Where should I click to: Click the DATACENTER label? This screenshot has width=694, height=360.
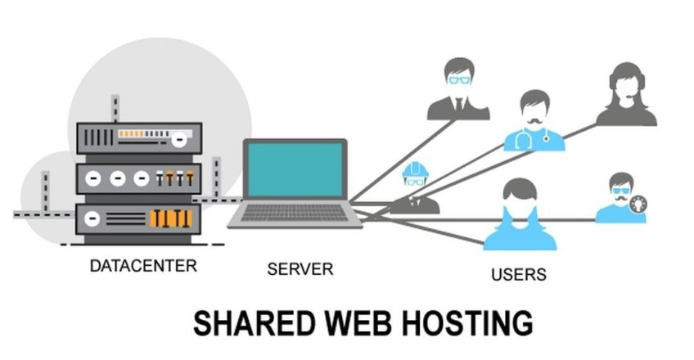click(x=143, y=266)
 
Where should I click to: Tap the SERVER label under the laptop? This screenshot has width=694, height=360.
click(x=300, y=268)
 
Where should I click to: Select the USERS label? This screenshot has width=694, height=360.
click(x=519, y=273)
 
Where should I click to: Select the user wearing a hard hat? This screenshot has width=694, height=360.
click(x=415, y=187)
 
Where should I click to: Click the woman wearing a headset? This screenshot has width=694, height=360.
click(x=626, y=94)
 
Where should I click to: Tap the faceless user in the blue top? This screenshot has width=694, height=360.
click(x=520, y=216)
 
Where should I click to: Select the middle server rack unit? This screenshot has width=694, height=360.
click(x=138, y=178)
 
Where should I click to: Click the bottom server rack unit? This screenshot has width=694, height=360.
click(x=138, y=218)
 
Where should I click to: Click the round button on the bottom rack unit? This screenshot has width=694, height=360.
click(x=92, y=218)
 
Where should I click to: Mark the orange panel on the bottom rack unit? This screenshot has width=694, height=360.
click(x=171, y=218)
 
